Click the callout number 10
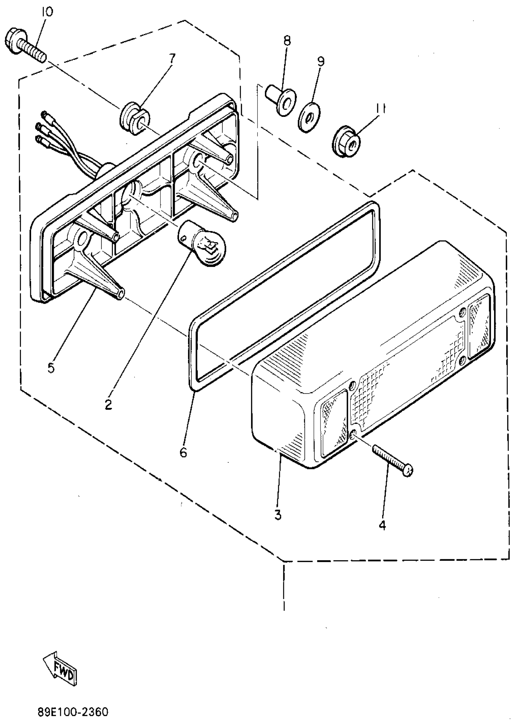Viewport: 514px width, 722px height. coord(47,12)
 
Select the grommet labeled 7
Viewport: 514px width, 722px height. coord(135,117)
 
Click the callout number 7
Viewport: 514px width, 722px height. coord(171,59)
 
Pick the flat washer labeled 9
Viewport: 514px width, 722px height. coord(309,117)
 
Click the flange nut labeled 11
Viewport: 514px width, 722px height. coord(347,144)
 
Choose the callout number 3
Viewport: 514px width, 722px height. coord(278,515)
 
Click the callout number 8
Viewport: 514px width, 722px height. coord(287,41)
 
